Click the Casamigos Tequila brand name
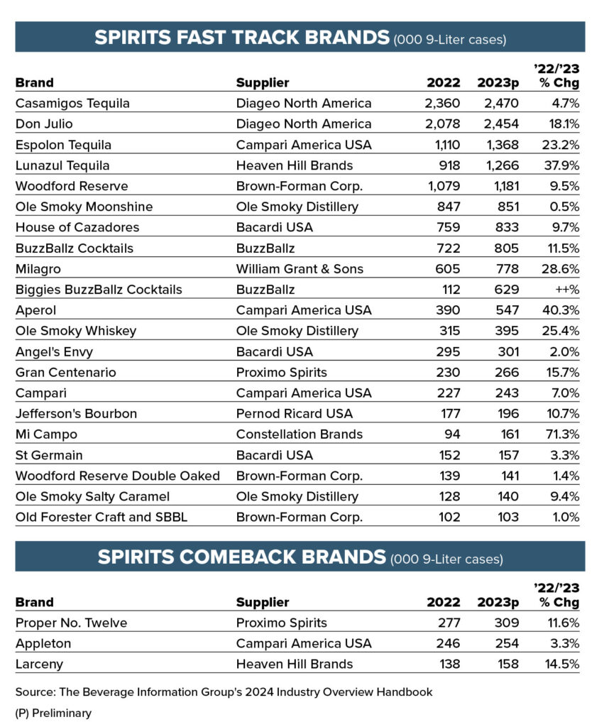coord(72,104)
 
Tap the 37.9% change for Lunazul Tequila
coord(561,165)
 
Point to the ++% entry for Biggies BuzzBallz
coord(566,290)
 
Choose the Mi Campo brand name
coord(46,434)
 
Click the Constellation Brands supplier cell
coord(299,434)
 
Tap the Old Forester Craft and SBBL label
coord(101,518)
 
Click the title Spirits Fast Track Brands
coord(242,38)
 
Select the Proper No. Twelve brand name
coord(72,623)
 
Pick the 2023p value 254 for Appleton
coord(507,644)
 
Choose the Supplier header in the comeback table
coord(263,603)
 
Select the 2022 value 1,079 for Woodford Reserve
coord(443,186)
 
